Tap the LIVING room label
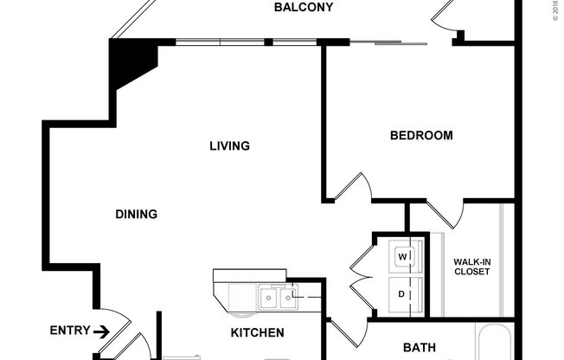(229, 145)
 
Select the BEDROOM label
(421, 135)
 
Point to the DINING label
(136, 214)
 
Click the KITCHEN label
(257, 332)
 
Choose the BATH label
(420, 348)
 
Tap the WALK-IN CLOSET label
(471, 266)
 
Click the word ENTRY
(68, 330)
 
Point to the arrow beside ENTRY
(101, 331)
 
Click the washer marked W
(403, 257)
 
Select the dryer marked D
(402, 294)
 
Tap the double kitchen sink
(277, 299)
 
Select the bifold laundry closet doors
(362, 277)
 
